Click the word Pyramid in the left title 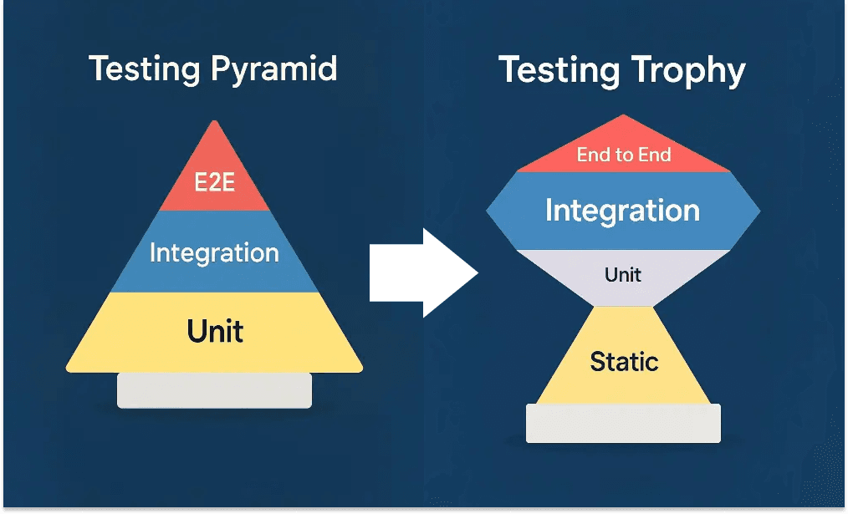click(275, 69)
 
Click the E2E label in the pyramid click(214, 182)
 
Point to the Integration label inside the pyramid click(214, 252)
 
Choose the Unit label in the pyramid click(215, 331)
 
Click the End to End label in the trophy click(623, 155)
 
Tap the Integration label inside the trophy click(622, 210)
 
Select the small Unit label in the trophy click(623, 274)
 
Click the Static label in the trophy click(624, 361)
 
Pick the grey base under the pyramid click(214, 390)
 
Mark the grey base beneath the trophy click(623, 423)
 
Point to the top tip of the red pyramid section click(215, 122)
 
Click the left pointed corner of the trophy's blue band click(488, 211)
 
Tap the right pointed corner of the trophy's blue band click(759, 211)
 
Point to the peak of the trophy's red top click(623, 116)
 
